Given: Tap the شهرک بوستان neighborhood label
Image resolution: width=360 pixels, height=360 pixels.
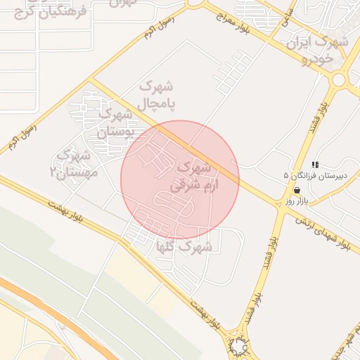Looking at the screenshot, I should [x=112, y=122].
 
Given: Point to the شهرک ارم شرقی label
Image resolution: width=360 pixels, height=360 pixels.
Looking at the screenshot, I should [x=191, y=177].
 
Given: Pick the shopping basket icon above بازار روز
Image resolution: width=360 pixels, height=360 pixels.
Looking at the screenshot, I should [x=297, y=190].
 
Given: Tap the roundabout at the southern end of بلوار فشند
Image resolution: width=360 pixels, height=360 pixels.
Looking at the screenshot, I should [x=240, y=347].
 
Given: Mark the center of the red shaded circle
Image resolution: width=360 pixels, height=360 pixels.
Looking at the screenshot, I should [x=180, y=180].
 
